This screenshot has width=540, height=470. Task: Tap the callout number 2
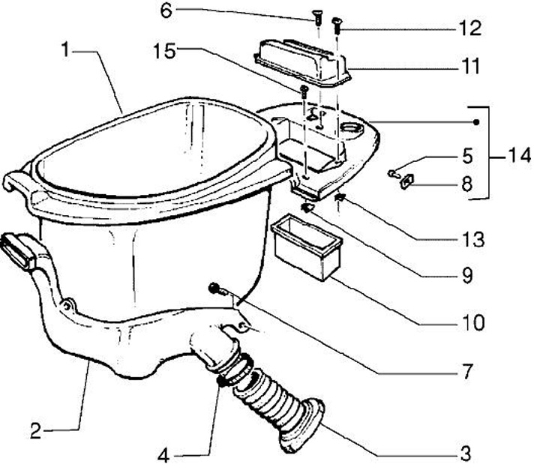[37, 431]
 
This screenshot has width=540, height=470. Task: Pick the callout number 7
[466, 370]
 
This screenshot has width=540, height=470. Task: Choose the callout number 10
[473, 324]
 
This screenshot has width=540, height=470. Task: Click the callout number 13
[472, 240]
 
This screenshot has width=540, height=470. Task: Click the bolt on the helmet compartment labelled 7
[217, 288]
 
